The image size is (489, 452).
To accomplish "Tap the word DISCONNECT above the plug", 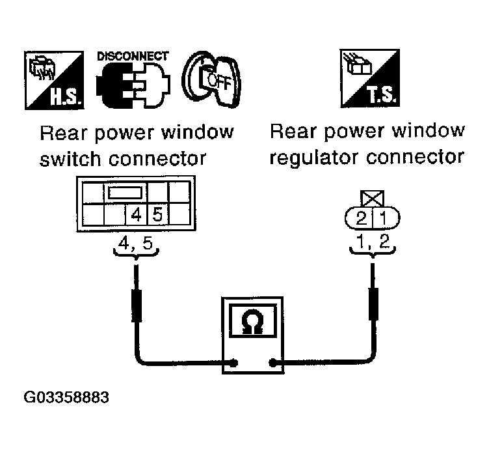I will pos(133,56).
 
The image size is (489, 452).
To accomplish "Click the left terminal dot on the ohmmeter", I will pos(232,361).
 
